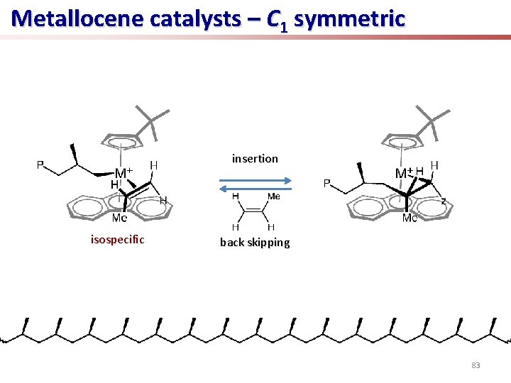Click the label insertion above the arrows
coord(255,158)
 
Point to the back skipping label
coord(255,243)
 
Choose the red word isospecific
coord(117,240)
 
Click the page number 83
coord(476,365)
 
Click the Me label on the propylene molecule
coord(273,196)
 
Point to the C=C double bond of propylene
coord(253,211)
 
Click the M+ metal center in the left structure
coord(123,173)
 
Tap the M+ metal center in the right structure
coord(403,172)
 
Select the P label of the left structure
coord(41,166)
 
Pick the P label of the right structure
coord(327,183)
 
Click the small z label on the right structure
coord(444,201)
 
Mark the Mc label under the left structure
coord(119,219)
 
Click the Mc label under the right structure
coord(410,218)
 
